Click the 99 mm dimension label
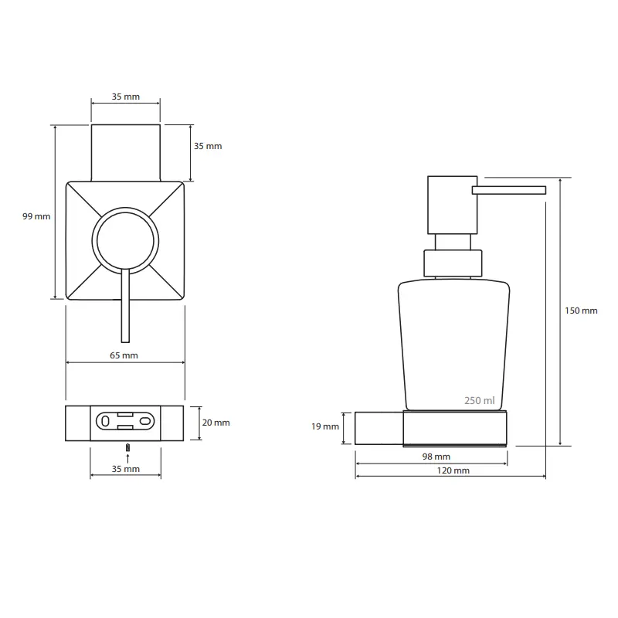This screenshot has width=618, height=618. pos(36,216)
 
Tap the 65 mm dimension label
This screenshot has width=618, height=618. pos(124,355)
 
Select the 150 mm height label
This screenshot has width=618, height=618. pos(581,311)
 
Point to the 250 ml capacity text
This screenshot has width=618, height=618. pos(479,400)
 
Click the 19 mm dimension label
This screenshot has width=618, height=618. pos(325,426)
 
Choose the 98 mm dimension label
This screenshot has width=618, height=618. pos(436,457)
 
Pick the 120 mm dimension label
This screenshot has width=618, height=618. pos(453,470)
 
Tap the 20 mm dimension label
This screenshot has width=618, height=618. pos(216,423)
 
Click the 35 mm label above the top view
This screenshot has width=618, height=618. pos(126,97)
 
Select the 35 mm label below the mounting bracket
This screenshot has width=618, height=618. pos(126,469)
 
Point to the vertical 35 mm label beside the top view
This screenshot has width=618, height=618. pos(208,146)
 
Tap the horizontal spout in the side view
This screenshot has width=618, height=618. pos(509,190)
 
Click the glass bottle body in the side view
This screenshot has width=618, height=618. pos(453,345)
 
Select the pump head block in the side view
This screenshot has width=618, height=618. pos(453,205)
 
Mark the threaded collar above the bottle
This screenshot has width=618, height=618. pos(453,263)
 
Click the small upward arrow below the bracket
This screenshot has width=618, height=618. pos(127,458)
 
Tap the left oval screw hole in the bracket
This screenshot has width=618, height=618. pos(105,421)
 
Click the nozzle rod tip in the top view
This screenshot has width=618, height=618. pos(125,341)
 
